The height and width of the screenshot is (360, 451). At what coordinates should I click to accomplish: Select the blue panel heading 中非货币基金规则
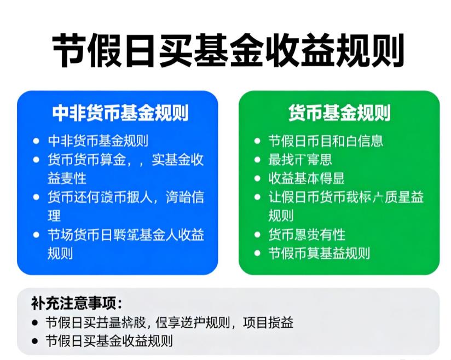tap(120, 113)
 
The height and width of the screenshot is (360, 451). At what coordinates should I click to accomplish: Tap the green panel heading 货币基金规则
tap(339, 113)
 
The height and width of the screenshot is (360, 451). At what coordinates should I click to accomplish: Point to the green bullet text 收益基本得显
tap(306, 178)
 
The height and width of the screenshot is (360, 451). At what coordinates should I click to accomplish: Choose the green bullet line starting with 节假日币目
tap(325, 141)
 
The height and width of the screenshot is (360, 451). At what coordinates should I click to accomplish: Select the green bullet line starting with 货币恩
tap(306, 235)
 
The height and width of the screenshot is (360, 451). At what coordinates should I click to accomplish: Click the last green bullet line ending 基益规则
tap(319, 253)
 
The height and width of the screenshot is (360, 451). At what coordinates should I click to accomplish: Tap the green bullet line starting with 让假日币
tap(345, 197)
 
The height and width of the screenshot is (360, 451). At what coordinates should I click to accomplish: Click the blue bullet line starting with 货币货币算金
tap(125, 160)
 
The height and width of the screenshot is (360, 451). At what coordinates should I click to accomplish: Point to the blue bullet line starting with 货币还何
tap(125, 197)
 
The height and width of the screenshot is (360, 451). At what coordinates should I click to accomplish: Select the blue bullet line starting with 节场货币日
tap(125, 235)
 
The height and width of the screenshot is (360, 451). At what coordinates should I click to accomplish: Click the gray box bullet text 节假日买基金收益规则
tap(109, 340)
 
